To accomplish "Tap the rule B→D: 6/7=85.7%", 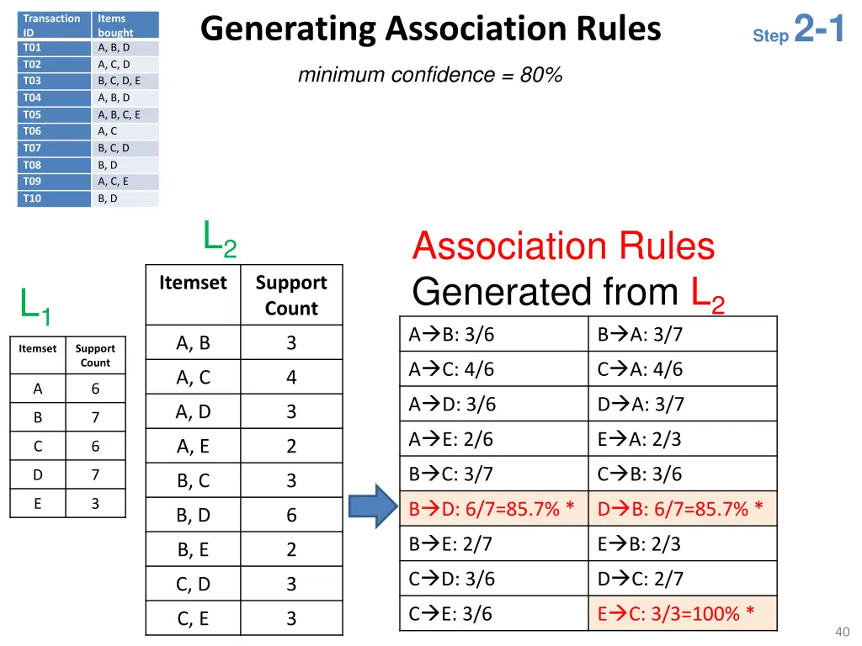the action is pyautogui.click(x=492, y=509).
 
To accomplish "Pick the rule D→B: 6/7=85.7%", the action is pyautogui.click(x=680, y=509).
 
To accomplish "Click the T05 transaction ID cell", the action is pyautogui.click(x=33, y=114).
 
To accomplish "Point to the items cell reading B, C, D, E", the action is pyautogui.click(x=119, y=81).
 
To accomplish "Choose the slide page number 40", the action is pyautogui.click(x=842, y=632).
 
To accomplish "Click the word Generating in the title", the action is pyautogui.click(x=288, y=29).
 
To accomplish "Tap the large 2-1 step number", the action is pyautogui.click(x=818, y=30).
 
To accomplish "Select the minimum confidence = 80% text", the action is pyautogui.click(x=429, y=75).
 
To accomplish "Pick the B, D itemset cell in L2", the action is pyautogui.click(x=194, y=515).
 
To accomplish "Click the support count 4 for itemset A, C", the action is pyautogui.click(x=291, y=378).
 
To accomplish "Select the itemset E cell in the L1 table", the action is pyautogui.click(x=38, y=503).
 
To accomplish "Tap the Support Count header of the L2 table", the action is pyautogui.click(x=291, y=295).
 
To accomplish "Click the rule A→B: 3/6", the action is pyautogui.click(x=452, y=335).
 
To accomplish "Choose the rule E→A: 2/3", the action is pyautogui.click(x=640, y=439).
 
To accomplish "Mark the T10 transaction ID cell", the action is pyautogui.click(x=33, y=199).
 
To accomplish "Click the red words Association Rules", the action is pyautogui.click(x=563, y=246).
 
